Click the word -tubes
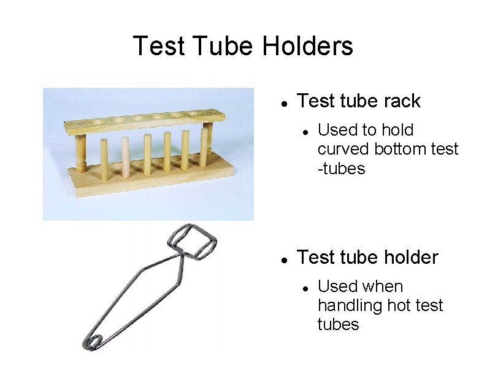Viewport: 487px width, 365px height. click(x=341, y=168)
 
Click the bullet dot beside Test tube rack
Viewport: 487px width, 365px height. click(x=283, y=102)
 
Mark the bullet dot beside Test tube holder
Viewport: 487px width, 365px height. click(x=283, y=258)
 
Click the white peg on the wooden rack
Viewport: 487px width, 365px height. click(x=125, y=157)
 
